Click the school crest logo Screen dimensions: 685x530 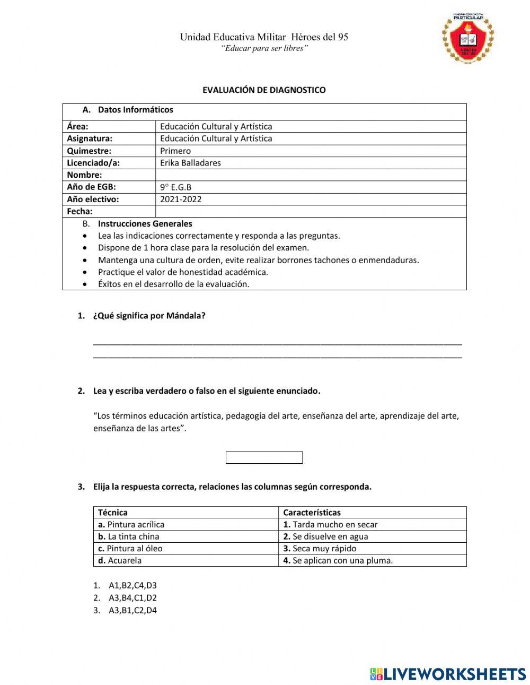coord(467,38)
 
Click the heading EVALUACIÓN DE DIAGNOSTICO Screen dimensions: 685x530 coord(264,90)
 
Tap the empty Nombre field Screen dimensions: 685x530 coord(311,175)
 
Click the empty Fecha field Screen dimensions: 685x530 coord(311,211)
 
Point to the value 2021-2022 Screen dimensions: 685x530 coord(181,200)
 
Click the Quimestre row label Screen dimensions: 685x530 coord(89,151)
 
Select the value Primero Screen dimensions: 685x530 coord(175,151)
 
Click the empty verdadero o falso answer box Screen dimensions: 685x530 coord(264,457)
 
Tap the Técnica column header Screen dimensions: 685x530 coord(113,513)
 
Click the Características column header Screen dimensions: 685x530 coord(312,513)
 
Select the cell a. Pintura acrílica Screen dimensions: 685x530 coord(131,524)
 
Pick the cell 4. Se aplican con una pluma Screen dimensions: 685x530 coord(338,560)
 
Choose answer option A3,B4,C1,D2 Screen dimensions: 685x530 coord(132,598)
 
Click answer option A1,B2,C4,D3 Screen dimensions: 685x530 coord(132,586)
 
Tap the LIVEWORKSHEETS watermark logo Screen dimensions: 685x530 coord(448,674)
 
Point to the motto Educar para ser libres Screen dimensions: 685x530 coord(264,49)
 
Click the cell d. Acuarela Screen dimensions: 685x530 coord(120,560)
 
